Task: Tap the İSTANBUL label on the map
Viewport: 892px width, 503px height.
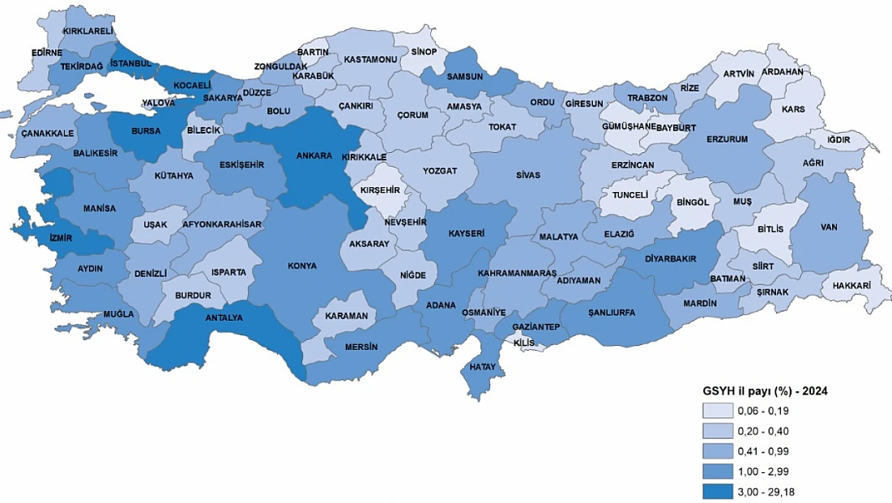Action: pos(131,63)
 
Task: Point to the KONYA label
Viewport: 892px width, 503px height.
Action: pos(302,266)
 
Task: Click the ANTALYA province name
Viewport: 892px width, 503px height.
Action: pos(224,318)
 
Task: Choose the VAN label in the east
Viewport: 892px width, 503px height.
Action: pos(827,228)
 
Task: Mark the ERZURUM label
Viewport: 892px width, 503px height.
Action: pos(726,139)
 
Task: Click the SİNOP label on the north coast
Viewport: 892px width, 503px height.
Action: pos(424,52)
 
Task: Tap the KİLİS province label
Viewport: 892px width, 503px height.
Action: pos(524,343)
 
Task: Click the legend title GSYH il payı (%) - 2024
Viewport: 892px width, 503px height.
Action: pos(764,390)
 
